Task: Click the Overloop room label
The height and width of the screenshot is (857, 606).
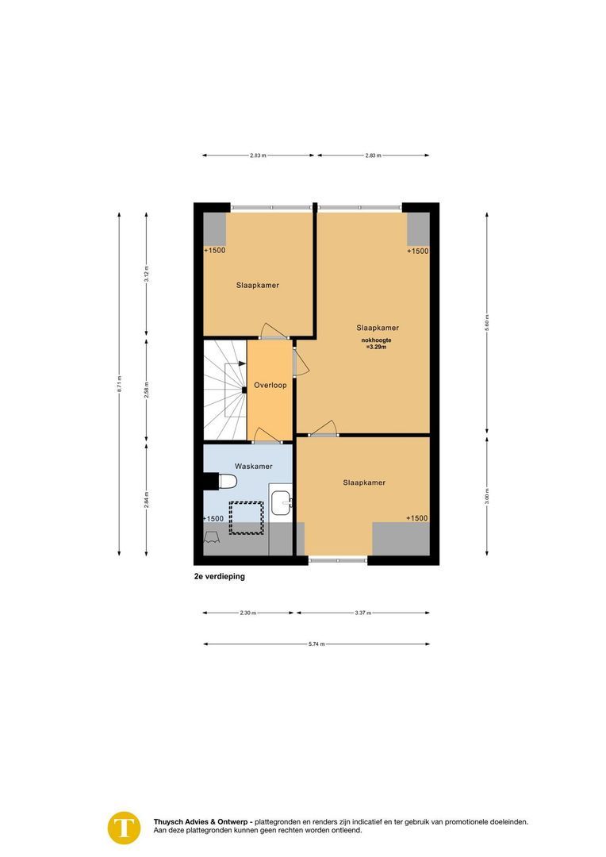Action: pos(270,386)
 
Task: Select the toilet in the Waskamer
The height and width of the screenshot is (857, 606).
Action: pos(227,482)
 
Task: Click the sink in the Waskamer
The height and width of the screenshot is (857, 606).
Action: pos(281,501)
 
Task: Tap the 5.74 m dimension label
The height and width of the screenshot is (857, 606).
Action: pos(316,644)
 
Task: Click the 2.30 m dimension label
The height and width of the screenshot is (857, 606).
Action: pos(247,613)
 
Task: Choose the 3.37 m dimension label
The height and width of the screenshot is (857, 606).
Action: pos(362,613)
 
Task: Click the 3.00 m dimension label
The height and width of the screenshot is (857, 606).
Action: pos(487,496)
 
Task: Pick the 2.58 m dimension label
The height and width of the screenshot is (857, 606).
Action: pos(146,389)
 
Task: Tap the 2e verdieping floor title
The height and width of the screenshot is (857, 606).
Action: pos(220,577)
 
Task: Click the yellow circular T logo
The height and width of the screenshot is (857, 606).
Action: pos(124,827)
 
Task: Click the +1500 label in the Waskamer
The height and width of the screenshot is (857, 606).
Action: pos(213,518)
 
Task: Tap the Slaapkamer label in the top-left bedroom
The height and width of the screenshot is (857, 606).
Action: pos(257,285)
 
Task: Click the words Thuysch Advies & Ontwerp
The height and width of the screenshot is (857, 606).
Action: pos(202,822)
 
